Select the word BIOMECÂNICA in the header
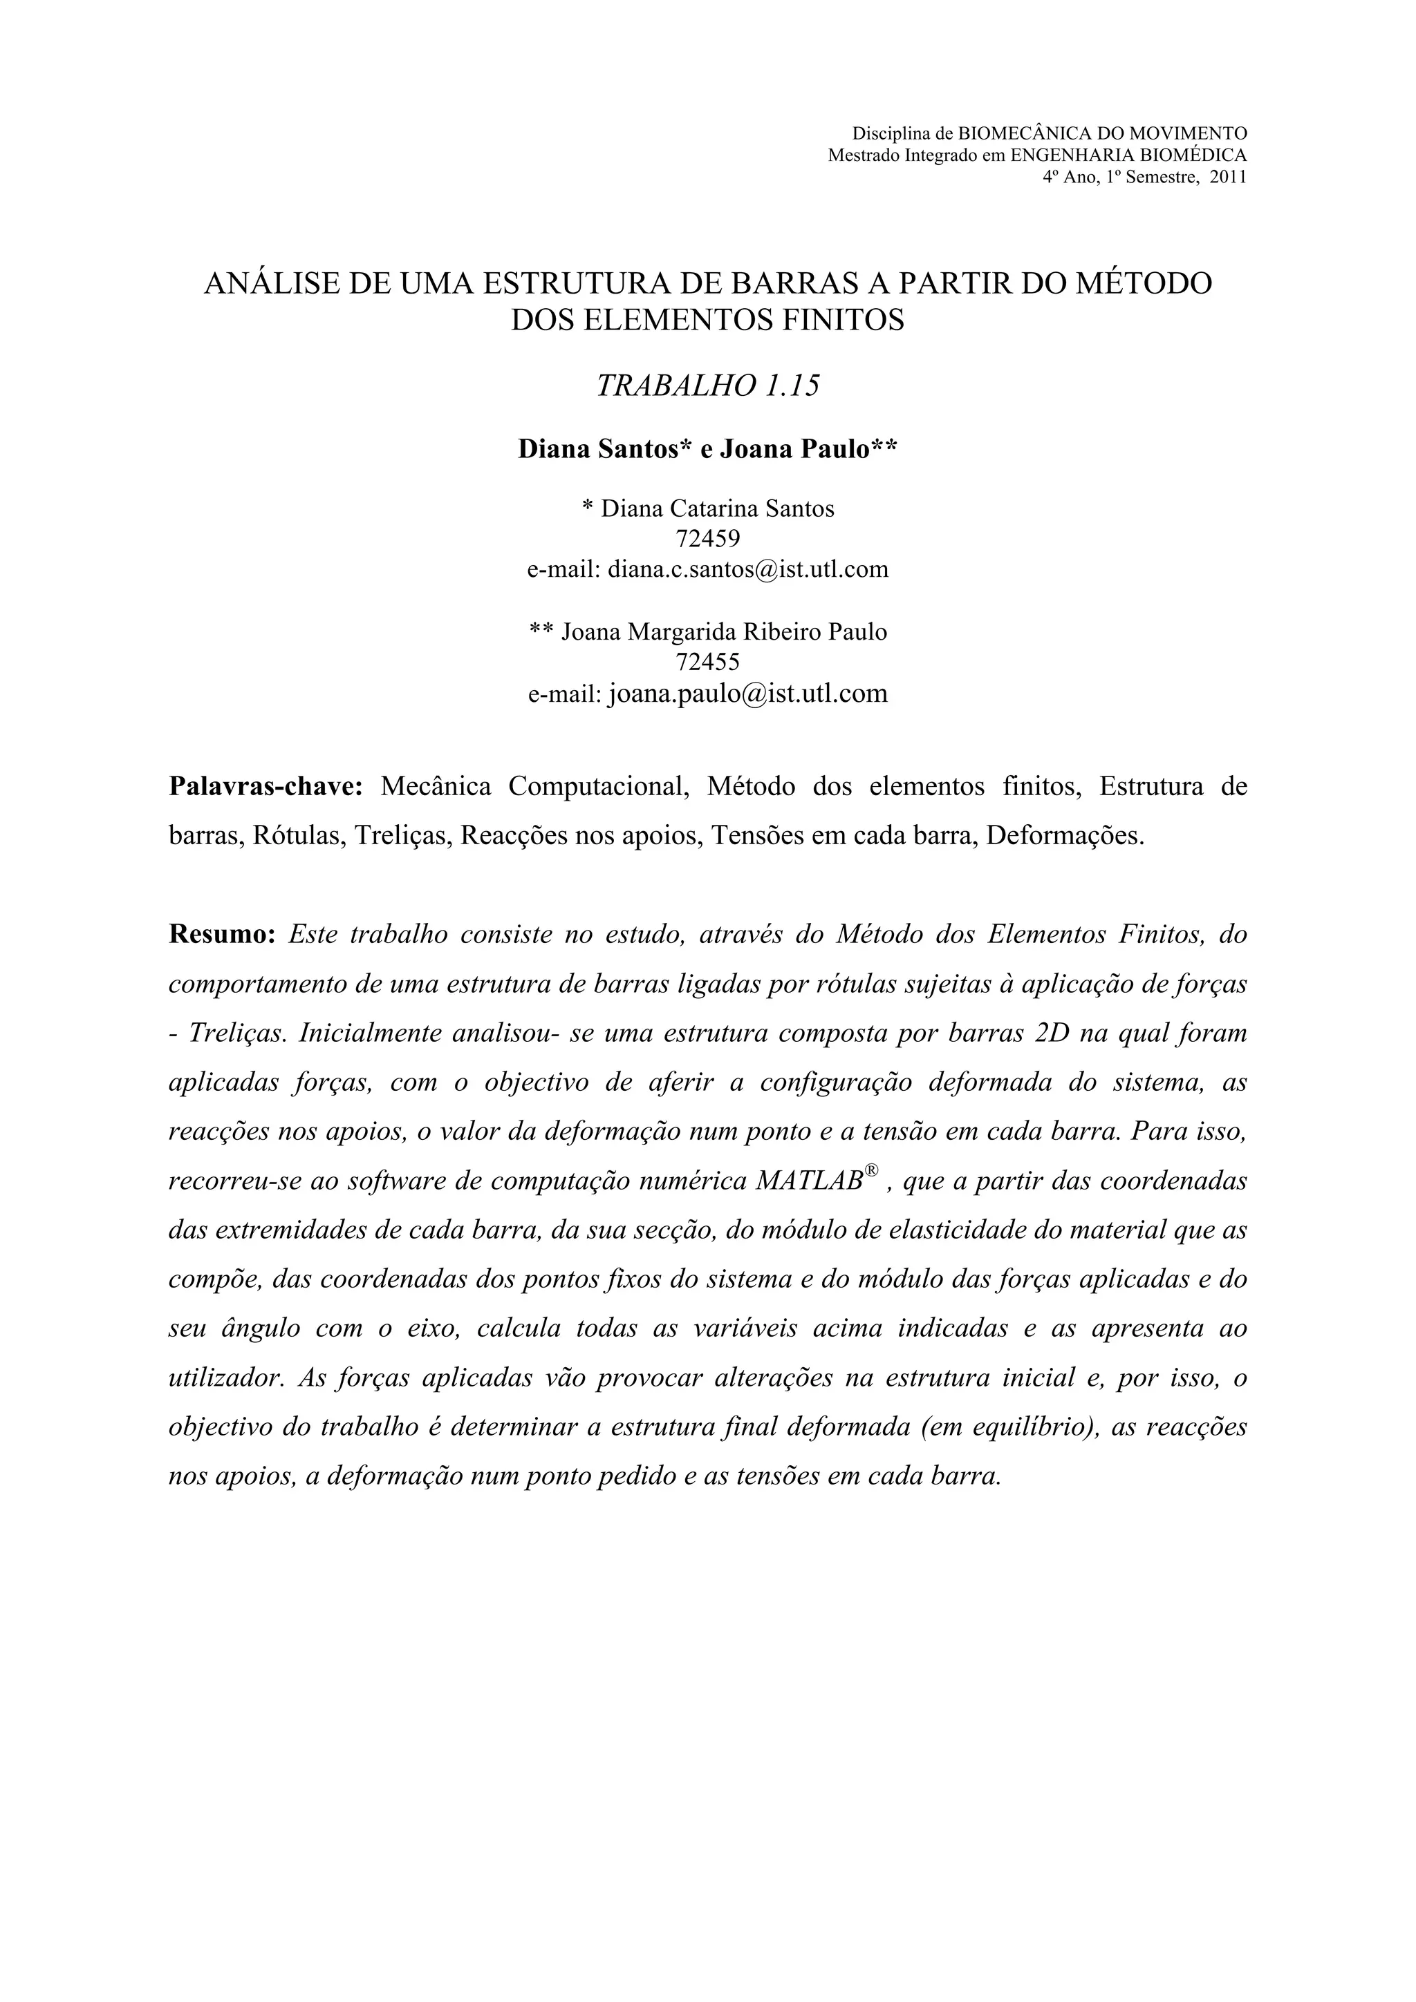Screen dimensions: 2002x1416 tap(1013, 133)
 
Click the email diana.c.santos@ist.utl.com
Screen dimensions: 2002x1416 tap(747, 569)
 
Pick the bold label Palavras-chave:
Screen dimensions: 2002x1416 tap(266, 786)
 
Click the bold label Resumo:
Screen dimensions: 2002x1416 tap(222, 935)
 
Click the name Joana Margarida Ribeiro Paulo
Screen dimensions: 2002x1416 tap(723, 631)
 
